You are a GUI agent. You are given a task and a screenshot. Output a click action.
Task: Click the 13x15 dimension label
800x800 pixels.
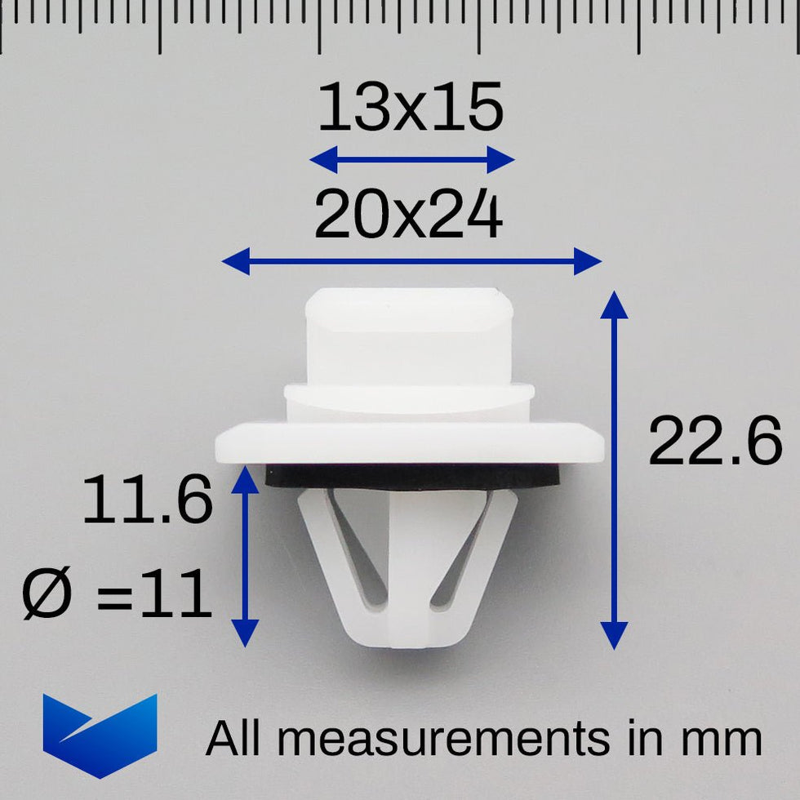point(411,107)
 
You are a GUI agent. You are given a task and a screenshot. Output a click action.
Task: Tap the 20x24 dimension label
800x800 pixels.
point(409,213)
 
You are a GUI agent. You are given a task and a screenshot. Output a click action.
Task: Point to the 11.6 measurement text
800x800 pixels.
point(147,499)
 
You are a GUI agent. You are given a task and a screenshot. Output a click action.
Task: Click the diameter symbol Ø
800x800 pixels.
point(47,593)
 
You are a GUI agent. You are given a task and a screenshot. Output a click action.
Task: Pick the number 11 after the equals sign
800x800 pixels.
point(176,593)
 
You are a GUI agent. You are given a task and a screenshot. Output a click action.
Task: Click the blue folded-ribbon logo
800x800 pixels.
point(100,736)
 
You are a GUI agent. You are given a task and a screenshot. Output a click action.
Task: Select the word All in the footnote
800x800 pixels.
point(233,737)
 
